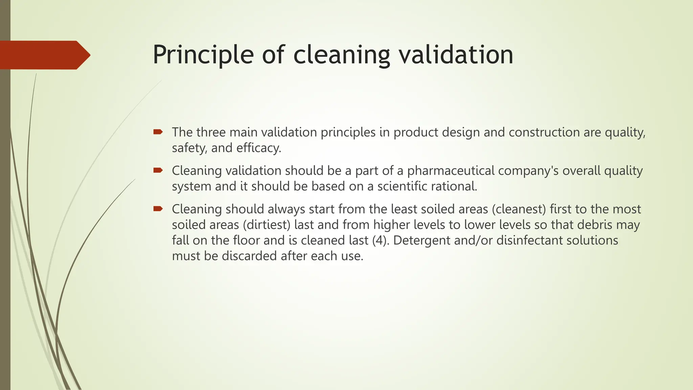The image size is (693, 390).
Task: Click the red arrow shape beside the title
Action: coord(44,55)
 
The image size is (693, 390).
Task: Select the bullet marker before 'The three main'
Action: coord(158,132)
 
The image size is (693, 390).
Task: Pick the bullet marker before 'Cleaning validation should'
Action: coord(158,170)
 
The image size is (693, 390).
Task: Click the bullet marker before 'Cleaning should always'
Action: coord(158,209)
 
